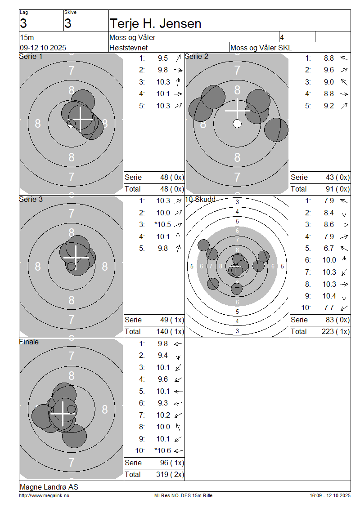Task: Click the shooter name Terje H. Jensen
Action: (x=155, y=24)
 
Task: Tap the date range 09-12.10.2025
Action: (x=43, y=48)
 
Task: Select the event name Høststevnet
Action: (x=128, y=48)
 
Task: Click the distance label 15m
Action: (x=27, y=37)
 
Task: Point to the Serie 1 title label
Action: (x=31, y=56)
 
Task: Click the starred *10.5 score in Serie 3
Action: (x=162, y=224)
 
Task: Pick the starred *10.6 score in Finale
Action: (x=162, y=450)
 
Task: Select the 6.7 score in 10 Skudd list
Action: (x=328, y=248)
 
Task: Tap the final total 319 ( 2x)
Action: (x=170, y=474)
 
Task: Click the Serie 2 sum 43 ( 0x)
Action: (x=337, y=177)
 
